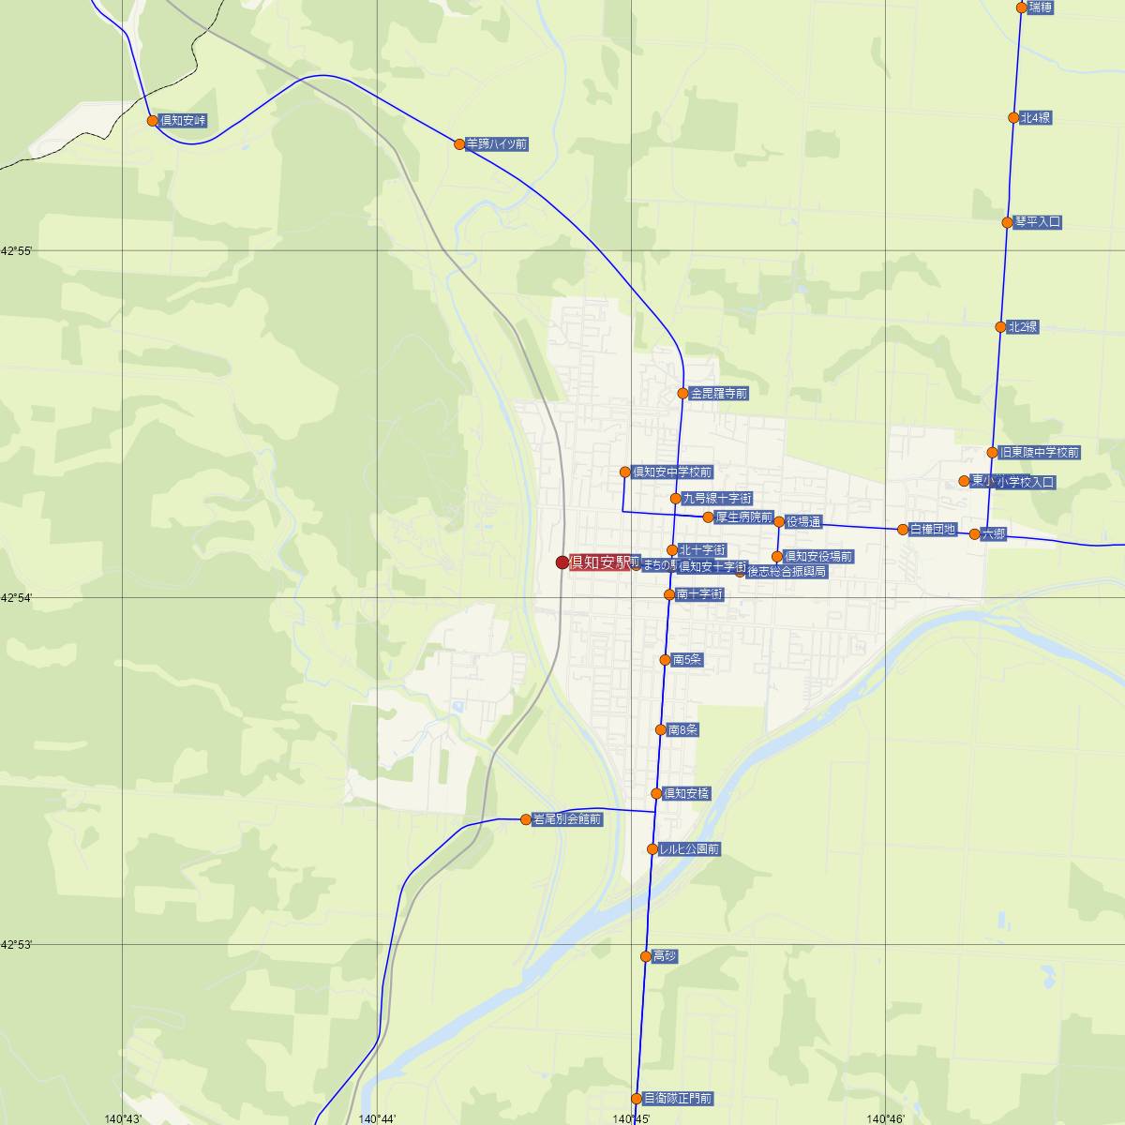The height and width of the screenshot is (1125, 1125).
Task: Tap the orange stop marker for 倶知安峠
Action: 153,120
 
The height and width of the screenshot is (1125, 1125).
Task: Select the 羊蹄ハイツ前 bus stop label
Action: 497,144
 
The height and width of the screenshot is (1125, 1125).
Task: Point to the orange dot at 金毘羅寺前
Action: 683,394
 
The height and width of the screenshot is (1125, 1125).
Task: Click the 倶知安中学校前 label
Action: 672,472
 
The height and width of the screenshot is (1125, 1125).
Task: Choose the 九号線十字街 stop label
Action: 717,499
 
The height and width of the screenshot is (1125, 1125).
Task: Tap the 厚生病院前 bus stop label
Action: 743,517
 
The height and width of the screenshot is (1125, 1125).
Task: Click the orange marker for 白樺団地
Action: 903,530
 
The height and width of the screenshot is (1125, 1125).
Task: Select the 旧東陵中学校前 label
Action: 1040,453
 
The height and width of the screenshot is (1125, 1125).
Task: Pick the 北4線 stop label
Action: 1036,118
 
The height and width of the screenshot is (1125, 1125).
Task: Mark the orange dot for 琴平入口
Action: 1008,222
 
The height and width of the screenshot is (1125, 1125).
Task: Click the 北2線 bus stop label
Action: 1023,327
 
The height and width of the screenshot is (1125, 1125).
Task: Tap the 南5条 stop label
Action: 687,660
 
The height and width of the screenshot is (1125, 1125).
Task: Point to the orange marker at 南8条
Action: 661,729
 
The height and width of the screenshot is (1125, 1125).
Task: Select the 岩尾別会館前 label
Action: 567,819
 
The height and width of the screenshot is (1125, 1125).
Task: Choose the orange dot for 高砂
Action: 646,956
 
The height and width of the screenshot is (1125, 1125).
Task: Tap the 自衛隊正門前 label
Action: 678,1099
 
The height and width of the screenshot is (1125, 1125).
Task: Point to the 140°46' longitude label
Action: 886,1118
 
